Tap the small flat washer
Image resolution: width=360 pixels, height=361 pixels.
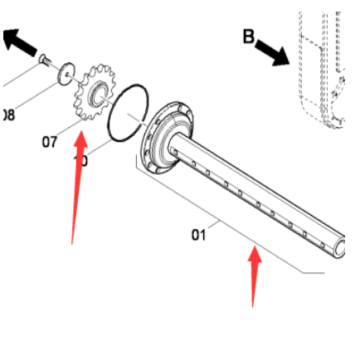click(x=66, y=75)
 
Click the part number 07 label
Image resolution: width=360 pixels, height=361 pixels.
click(x=50, y=142)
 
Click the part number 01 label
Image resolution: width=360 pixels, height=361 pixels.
click(x=198, y=235)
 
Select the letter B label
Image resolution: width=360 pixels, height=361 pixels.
click(x=248, y=36)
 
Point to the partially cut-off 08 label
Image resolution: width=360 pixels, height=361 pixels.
click(x=7, y=114)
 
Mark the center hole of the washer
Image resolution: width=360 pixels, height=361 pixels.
click(x=66, y=75)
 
